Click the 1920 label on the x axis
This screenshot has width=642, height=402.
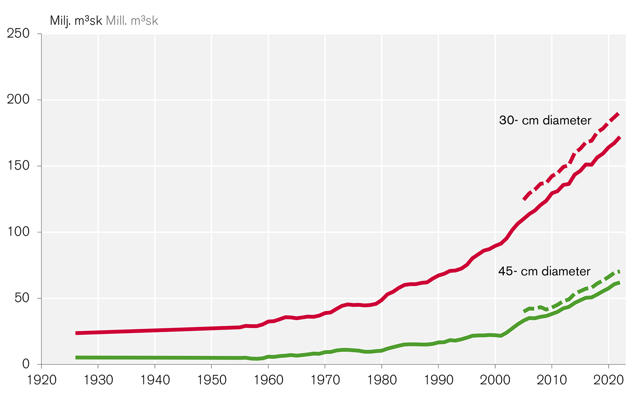pyautogui.click(x=42, y=379)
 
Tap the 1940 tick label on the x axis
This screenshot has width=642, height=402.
pyautogui.click(x=155, y=379)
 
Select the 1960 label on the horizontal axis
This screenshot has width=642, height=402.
pyautogui.click(x=268, y=379)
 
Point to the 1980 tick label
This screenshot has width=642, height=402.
pyautogui.click(x=382, y=379)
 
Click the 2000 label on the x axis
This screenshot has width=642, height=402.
pyautogui.click(x=495, y=379)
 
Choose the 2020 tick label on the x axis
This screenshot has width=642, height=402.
pyautogui.click(x=609, y=379)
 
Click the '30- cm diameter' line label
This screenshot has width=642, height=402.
pyautogui.click(x=545, y=120)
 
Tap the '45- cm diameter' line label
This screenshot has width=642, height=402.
pyautogui.click(x=544, y=271)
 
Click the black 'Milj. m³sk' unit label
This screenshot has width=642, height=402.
pyautogui.click(x=76, y=21)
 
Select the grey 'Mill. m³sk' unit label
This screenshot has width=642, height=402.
pyautogui.click(x=132, y=21)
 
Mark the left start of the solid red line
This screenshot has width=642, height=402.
pyautogui.click(x=76, y=333)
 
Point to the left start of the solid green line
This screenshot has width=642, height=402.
pyautogui.click(x=76, y=357)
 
